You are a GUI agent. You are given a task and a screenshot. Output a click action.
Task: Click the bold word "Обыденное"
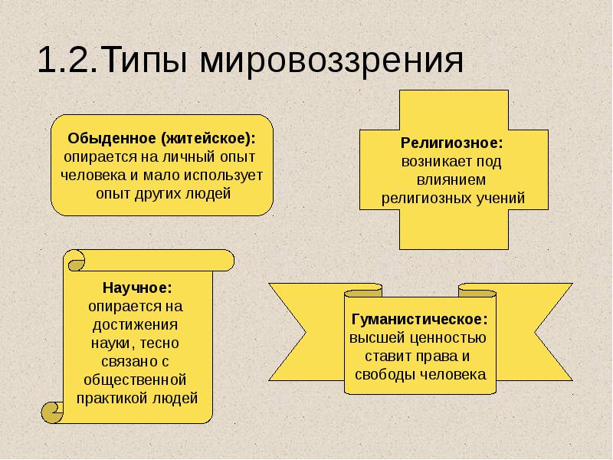pyautogui.click(x=113, y=139)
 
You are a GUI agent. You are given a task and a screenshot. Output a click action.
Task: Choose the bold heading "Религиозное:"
pyautogui.click(x=452, y=143)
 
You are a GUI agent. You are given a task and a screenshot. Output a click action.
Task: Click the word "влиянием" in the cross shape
pyautogui.click(x=453, y=179)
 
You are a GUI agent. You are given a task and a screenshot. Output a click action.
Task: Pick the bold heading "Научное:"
pyautogui.click(x=137, y=288)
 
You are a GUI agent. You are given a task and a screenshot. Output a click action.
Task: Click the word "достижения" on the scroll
pyautogui.click(x=137, y=324)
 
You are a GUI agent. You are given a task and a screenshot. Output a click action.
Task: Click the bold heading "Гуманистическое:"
pyautogui.click(x=419, y=320)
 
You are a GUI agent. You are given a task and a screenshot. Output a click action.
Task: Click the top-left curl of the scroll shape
pyautogui.click(x=74, y=261)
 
